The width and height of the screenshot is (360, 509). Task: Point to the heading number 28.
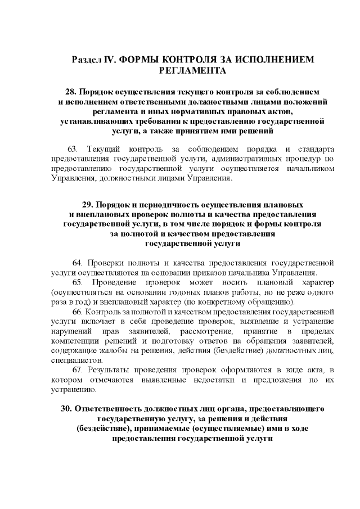tap(71, 91)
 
